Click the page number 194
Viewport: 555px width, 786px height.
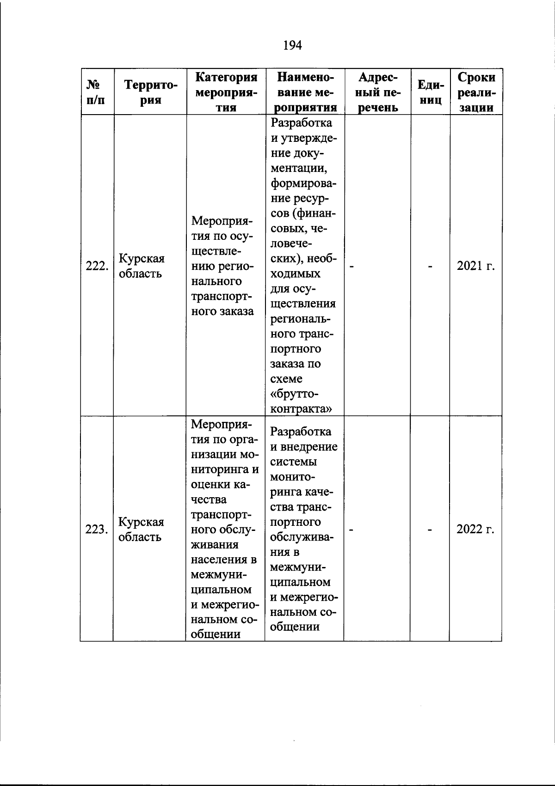292,45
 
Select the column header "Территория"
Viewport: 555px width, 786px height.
150,92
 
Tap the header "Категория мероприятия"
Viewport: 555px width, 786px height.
226,92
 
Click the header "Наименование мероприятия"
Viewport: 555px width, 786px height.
304,92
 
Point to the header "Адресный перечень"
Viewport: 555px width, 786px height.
378,92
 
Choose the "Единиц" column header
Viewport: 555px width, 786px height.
431,92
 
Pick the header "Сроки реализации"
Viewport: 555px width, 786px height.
476,92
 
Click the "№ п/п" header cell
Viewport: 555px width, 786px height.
96,92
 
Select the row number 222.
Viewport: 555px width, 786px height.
97,266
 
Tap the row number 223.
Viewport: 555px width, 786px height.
97,530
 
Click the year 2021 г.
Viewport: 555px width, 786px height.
476,266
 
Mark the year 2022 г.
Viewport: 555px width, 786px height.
476,530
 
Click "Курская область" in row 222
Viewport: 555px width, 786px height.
141,266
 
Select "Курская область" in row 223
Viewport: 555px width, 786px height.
141,530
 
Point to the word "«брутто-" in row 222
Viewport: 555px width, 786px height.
295,394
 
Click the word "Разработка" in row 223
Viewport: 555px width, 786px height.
301,432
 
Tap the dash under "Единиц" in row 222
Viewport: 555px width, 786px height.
431,266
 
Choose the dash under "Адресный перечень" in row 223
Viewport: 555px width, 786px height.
351,530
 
